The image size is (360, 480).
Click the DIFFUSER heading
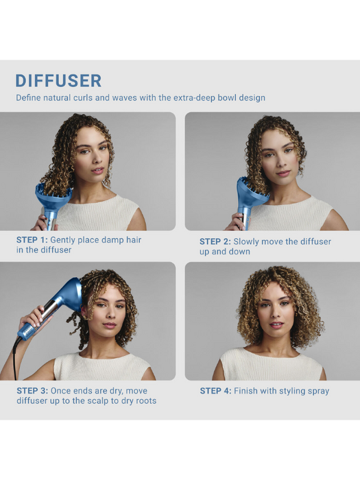(x=58, y=80)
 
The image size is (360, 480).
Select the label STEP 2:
(x=215, y=241)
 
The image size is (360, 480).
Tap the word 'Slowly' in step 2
(x=250, y=241)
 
